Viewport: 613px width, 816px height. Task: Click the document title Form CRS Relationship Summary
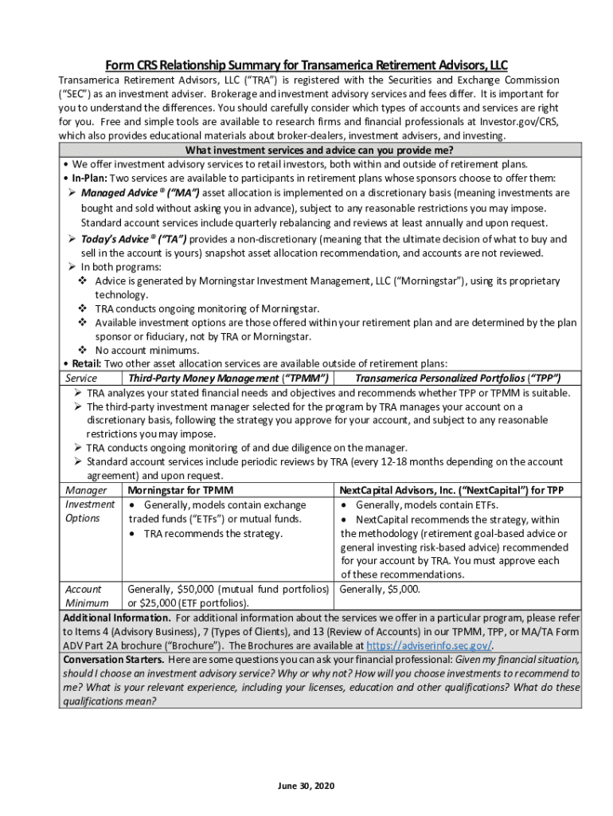(306, 65)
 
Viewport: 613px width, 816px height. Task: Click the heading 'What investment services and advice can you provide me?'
(319, 151)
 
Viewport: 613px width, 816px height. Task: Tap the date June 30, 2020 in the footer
(306, 786)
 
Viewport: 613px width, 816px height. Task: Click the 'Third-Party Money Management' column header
(229, 378)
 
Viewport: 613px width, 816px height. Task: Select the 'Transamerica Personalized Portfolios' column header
(458, 378)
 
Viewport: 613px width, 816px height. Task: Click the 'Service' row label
(81, 378)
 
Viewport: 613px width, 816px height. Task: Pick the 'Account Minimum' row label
(84, 596)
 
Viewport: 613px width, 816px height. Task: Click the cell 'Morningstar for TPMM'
(180, 490)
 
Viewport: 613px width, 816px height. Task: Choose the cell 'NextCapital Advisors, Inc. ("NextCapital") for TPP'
(451, 490)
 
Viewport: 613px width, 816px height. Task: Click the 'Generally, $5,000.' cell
(380, 590)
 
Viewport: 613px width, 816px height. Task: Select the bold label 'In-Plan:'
(89, 178)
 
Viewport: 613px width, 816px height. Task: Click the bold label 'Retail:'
(85, 363)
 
